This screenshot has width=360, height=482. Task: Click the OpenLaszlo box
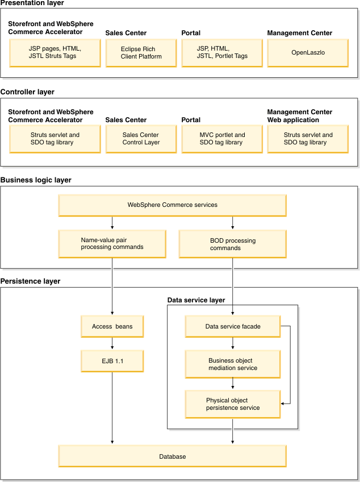(308, 53)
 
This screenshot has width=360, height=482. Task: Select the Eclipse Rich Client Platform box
(141, 53)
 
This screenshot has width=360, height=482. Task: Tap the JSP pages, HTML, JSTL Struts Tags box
(55, 53)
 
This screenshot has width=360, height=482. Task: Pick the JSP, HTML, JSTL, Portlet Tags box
(222, 53)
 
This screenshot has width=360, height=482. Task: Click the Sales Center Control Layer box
(141, 139)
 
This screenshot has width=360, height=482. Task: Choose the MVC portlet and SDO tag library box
(222, 139)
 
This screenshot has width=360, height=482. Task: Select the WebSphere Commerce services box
(172, 205)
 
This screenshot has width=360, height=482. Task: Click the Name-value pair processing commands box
(112, 244)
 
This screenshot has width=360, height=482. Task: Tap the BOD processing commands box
(233, 244)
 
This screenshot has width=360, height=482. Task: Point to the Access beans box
(112, 326)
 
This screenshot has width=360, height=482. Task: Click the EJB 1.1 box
(112, 361)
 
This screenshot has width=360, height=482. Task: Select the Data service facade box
(233, 326)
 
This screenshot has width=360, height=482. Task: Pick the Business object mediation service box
(233, 364)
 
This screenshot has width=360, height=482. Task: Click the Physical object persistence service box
(233, 404)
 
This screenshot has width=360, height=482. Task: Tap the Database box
(172, 456)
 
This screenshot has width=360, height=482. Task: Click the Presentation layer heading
(32, 3)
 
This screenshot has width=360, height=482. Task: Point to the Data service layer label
(196, 300)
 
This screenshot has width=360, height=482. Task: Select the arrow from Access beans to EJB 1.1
(112, 343)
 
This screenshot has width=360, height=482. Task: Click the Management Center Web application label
(300, 116)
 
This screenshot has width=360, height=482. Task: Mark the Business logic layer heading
(36, 180)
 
